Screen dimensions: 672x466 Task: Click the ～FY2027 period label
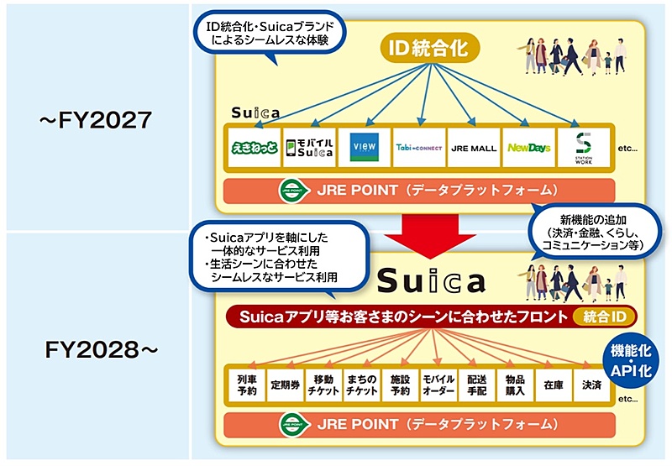pyautogui.click(x=96, y=119)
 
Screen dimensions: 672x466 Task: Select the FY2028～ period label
pyautogui.click(x=101, y=350)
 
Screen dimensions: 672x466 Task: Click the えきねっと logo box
pyautogui.click(x=255, y=147)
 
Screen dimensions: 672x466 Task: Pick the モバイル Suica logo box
pyautogui.click(x=309, y=147)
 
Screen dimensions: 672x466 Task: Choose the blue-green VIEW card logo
pyautogui.click(x=365, y=147)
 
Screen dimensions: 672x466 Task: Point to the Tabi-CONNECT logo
pyautogui.click(x=419, y=148)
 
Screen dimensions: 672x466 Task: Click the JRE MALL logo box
pyautogui.click(x=474, y=147)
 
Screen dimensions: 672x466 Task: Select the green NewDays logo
pyautogui.click(x=529, y=148)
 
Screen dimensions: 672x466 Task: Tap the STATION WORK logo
pyautogui.click(x=584, y=148)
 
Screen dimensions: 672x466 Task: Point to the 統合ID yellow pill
pyautogui.click(x=605, y=317)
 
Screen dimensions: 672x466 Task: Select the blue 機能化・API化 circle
pyautogui.click(x=631, y=360)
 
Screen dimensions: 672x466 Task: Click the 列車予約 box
pyautogui.click(x=247, y=385)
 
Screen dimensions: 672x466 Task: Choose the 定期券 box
pyautogui.click(x=285, y=385)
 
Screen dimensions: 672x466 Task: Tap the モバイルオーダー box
pyautogui.click(x=438, y=385)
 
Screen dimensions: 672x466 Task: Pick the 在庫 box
pyautogui.click(x=554, y=385)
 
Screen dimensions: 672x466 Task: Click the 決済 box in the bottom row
pyautogui.click(x=591, y=385)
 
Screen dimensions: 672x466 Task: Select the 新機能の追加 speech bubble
pyautogui.click(x=594, y=232)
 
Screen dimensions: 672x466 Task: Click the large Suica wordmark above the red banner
pyautogui.click(x=431, y=280)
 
